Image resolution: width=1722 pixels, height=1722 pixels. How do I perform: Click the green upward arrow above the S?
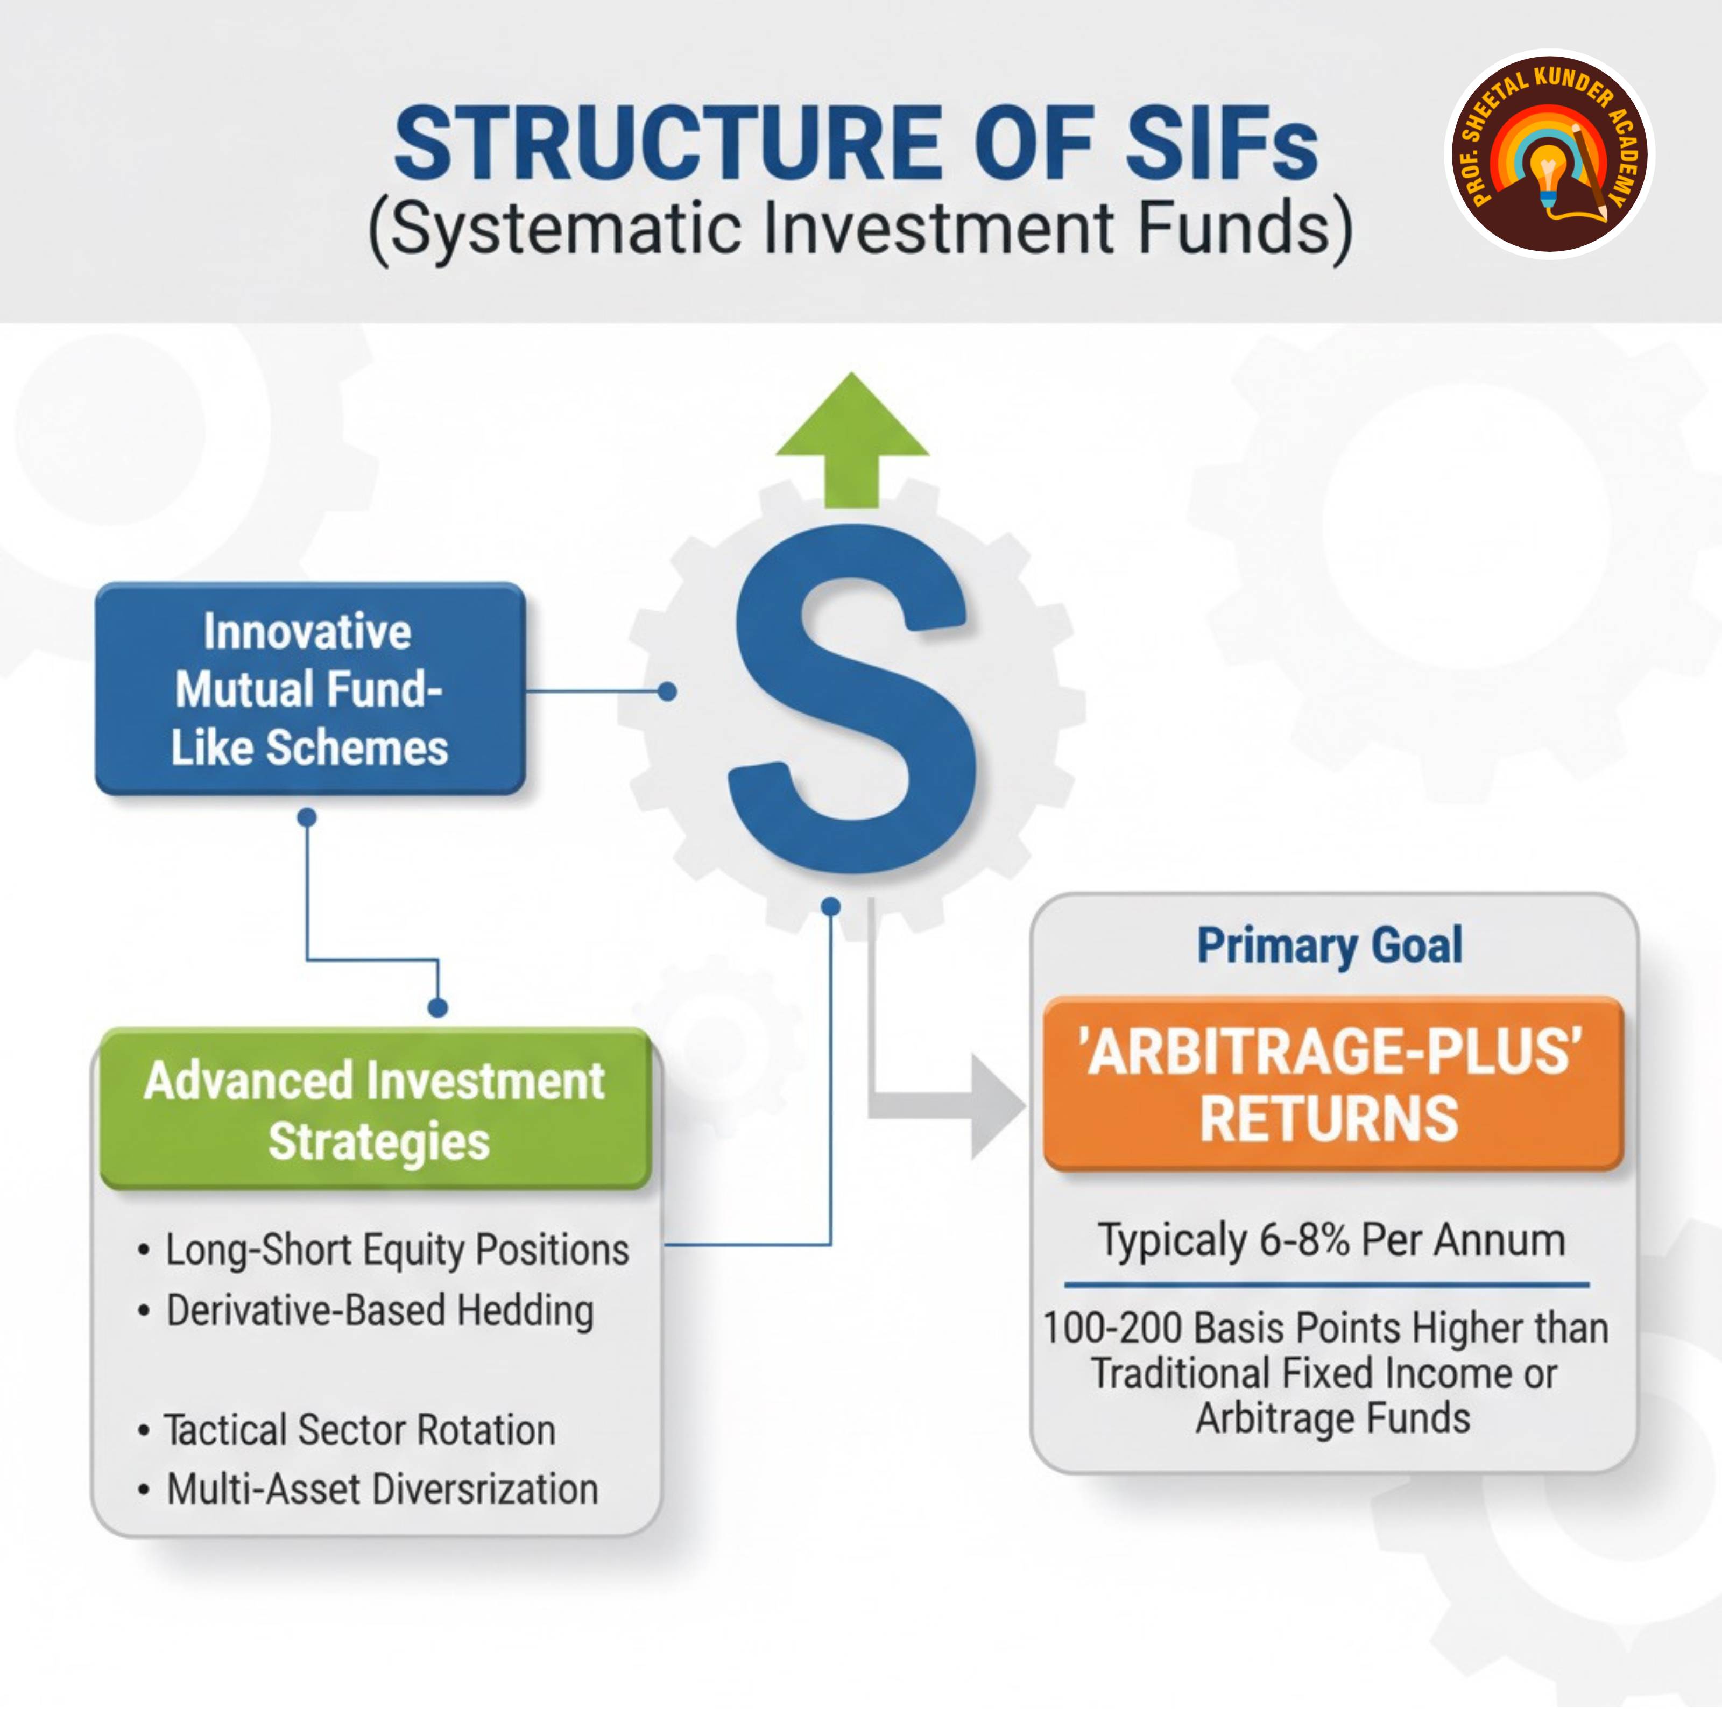pyautogui.click(x=852, y=437)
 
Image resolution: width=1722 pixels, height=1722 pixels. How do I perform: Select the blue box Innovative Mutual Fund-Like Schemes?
pyautogui.click(x=309, y=689)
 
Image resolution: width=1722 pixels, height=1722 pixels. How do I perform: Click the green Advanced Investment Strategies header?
pyautogui.click(x=375, y=1110)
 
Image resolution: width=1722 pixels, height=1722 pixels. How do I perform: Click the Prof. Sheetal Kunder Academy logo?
pyautogui.click(x=1549, y=153)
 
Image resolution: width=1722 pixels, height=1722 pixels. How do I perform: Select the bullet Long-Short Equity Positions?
pyautogui.click(x=397, y=1250)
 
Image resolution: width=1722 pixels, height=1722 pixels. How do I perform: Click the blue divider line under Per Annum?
pyautogui.click(x=1326, y=1285)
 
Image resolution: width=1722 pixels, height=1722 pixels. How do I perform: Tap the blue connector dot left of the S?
pyautogui.click(x=667, y=691)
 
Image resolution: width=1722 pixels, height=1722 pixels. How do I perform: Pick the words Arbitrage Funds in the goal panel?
pyautogui.click(x=1332, y=1418)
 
